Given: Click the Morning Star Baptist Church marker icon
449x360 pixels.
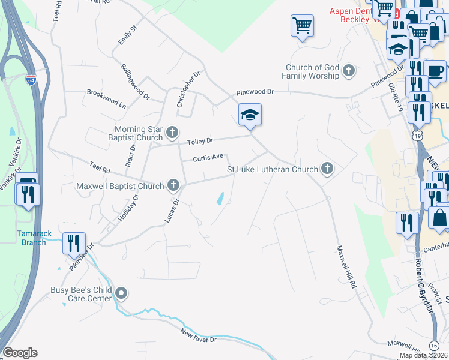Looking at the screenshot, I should click(x=172, y=132).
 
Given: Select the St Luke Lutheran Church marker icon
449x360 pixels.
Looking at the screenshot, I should click(x=327, y=169).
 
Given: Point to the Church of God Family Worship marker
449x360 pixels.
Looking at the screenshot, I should click(x=348, y=72).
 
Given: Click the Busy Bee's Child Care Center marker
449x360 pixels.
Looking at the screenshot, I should click(x=122, y=293).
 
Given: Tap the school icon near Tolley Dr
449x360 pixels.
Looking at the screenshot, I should click(x=250, y=115).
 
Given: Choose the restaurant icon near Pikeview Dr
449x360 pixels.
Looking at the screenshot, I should click(x=74, y=243).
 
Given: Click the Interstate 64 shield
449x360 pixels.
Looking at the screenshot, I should click(x=30, y=79).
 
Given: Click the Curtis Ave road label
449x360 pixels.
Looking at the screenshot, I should click(x=208, y=158).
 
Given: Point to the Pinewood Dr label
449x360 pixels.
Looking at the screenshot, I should click(x=255, y=92).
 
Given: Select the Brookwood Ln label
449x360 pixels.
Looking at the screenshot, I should click(x=106, y=98).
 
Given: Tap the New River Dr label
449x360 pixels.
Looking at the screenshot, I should click(x=198, y=335).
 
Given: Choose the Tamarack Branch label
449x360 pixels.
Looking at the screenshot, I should click(x=31, y=238).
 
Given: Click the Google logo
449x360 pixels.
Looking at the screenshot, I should click(x=20, y=352).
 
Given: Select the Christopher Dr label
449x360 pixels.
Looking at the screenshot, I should click(x=187, y=89).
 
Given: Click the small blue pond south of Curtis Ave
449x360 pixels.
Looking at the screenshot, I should click(x=220, y=199).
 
